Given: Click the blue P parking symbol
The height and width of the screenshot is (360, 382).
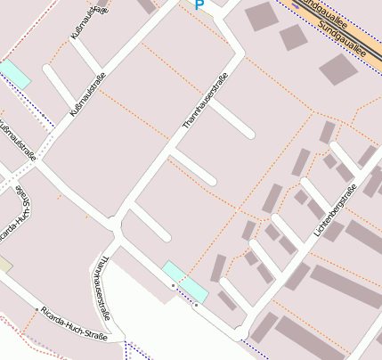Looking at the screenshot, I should [x=199, y=4].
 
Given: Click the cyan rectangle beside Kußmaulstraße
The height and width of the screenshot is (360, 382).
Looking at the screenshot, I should [x=13, y=73].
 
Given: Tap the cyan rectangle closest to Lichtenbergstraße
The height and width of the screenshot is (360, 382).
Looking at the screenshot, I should [x=185, y=282].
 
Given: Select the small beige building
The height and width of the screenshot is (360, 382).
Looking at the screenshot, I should [x=5, y=265].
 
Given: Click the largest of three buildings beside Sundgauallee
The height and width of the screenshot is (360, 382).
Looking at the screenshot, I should [x=338, y=69].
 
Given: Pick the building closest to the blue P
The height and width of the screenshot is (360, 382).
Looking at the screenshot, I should [x=260, y=16].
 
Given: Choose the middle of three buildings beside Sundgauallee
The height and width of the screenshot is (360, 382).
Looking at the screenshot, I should [x=293, y=37].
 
